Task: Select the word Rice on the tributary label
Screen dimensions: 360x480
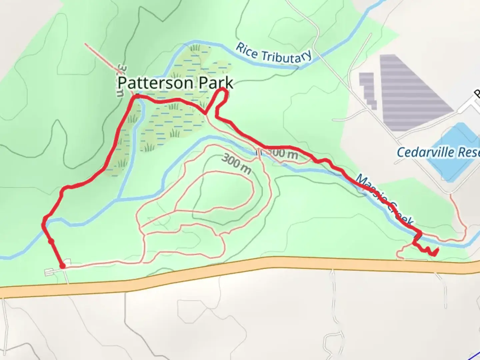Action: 246,51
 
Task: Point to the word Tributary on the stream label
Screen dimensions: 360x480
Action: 286,57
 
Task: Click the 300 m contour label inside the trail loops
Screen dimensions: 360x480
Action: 236,164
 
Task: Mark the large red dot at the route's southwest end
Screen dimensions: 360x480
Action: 62,266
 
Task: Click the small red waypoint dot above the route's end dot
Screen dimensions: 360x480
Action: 51,241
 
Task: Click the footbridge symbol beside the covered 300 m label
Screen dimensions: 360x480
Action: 258,152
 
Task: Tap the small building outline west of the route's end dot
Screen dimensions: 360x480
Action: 50,272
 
